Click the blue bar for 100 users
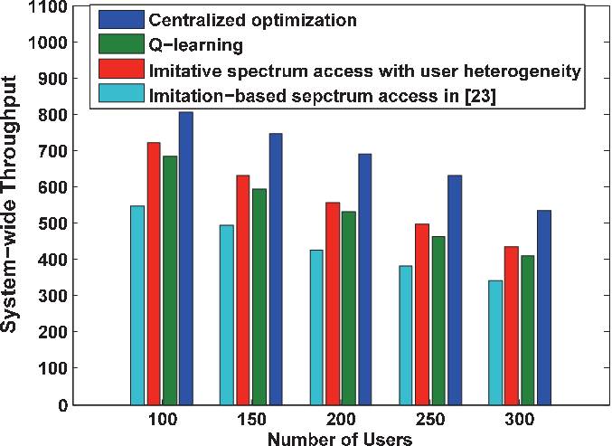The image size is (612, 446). click(x=186, y=258)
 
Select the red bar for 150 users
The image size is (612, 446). click(x=243, y=289)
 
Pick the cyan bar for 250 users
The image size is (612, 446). click(x=406, y=335)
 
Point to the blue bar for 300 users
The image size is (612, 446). click(x=544, y=308)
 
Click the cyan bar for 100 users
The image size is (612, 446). click(x=137, y=305)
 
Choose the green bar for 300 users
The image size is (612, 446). click(x=528, y=330)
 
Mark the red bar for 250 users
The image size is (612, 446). click(x=422, y=315)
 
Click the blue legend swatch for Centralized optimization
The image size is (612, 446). click(x=121, y=20)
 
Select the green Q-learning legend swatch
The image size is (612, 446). click(x=121, y=44)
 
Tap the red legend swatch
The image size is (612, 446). click(x=121, y=69)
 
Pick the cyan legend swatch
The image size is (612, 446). click(x=121, y=93)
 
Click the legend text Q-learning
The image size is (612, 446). click(x=196, y=45)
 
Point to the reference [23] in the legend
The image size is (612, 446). click(x=480, y=96)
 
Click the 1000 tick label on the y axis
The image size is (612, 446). click(x=47, y=43)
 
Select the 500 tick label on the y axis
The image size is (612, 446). click(x=52, y=223)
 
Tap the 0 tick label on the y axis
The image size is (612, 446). click(x=62, y=405)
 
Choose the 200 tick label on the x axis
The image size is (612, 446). click(x=341, y=420)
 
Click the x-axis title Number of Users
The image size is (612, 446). click(x=340, y=439)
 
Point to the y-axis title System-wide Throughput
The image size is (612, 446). click(x=8, y=204)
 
